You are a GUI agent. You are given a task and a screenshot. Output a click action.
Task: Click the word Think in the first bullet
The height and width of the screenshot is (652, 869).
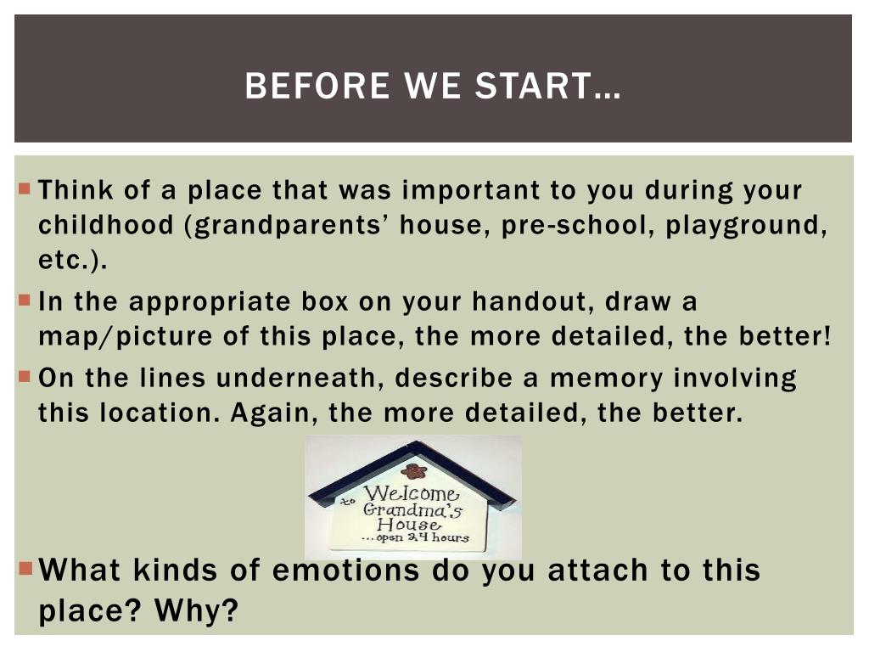76,189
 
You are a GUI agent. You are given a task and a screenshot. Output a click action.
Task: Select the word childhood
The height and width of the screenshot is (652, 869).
106,224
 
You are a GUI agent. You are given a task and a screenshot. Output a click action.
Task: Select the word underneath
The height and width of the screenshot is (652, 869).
299,378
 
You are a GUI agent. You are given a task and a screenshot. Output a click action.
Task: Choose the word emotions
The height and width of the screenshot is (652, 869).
346,570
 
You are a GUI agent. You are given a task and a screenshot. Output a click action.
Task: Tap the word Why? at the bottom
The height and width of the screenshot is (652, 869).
196,610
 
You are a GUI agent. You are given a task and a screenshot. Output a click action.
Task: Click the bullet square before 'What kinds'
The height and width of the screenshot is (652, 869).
26,568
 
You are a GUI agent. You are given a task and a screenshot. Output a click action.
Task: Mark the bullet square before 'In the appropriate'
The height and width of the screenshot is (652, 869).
25,301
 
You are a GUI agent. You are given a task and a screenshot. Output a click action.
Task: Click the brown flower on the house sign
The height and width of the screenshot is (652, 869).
413,471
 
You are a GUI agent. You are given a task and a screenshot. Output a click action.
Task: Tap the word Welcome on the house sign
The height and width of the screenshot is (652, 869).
412,492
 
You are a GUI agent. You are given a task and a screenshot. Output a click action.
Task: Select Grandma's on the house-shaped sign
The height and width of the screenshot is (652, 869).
412,509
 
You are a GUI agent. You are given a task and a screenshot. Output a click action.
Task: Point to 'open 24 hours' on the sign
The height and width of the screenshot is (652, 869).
423,537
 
